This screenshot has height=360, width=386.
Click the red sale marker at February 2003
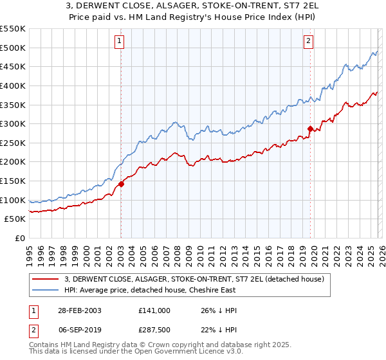[x=121, y=184]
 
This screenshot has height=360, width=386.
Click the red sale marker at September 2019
[x=310, y=129]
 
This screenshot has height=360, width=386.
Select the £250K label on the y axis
[x=13, y=143]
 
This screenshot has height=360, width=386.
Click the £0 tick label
[x=19, y=238]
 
